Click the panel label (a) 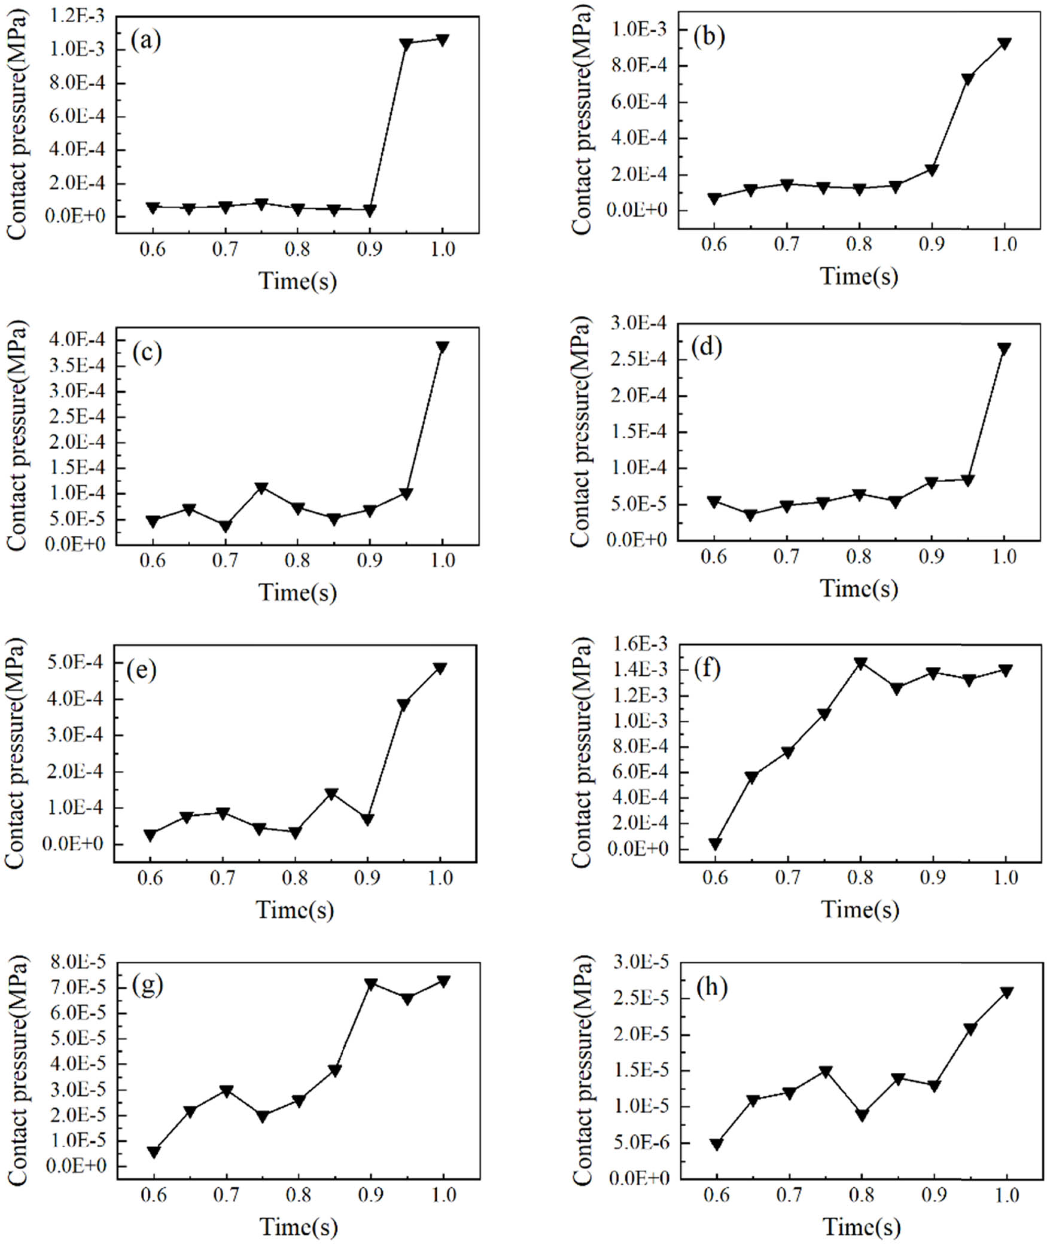pyautogui.click(x=146, y=42)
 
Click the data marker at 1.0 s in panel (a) pyautogui.click(x=443, y=39)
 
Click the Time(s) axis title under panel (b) pyautogui.click(x=859, y=276)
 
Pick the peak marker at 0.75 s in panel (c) pyautogui.click(x=261, y=488)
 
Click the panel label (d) pyautogui.click(x=707, y=347)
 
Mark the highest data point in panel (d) pyautogui.click(x=1005, y=349)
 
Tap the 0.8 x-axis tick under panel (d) pyautogui.click(x=859, y=557)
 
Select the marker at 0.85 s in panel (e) pyautogui.click(x=331, y=794)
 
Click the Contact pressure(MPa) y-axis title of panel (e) pyautogui.click(x=16, y=754)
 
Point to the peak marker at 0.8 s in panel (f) pyautogui.click(x=861, y=663)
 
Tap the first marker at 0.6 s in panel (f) pyautogui.click(x=716, y=844)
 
